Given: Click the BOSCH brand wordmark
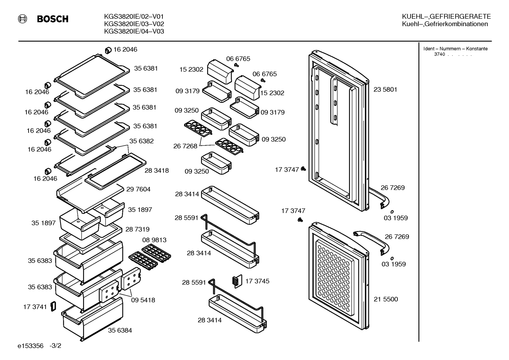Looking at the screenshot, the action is point(53,19).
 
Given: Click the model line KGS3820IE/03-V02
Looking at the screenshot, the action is point(134,24).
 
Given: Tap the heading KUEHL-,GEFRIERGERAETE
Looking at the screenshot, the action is point(446,17).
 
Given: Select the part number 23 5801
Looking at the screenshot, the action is point(385,89).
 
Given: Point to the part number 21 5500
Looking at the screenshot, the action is point(386,299).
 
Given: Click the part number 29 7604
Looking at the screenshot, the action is point(138,189).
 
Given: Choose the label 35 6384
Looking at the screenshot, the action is point(120,330).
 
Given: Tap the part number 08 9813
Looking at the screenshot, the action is point(154,240).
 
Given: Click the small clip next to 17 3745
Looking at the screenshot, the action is point(237,282).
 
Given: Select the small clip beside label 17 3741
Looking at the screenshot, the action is point(53,307).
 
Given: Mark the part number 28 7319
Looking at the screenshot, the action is point(137,229).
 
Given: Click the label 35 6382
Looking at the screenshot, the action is point(141,141).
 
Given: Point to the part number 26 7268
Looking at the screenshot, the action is point(185,146).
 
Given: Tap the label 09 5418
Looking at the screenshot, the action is point(143,300).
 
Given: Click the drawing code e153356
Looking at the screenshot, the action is point(30,346).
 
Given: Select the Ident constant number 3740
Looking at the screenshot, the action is point(439,54).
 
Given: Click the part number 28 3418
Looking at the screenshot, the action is point(157,171).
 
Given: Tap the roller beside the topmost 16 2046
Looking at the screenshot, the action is point(108,50).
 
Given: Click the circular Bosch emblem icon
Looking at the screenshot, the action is point(22,19).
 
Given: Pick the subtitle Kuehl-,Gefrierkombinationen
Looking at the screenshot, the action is point(445,24).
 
